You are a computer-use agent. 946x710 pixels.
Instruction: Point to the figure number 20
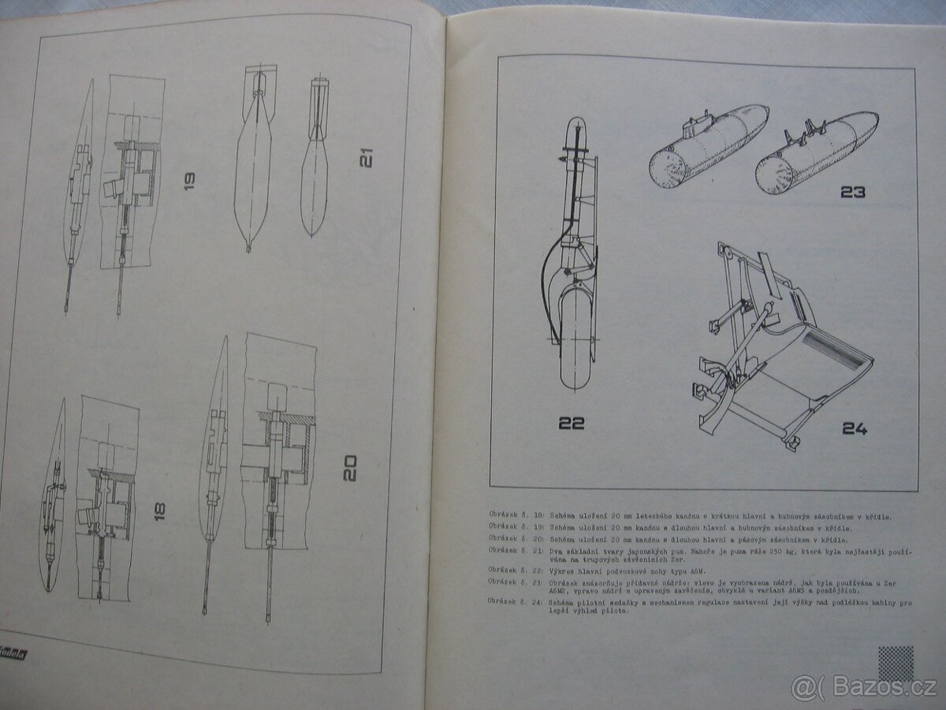[x=350, y=468]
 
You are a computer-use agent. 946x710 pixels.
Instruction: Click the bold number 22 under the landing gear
[x=572, y=423]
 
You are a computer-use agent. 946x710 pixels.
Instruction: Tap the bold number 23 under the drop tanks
[x=852, y=192]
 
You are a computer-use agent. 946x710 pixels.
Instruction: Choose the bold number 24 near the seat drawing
[x=855, y=429]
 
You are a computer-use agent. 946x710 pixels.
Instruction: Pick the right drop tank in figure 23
[x=815, y=152]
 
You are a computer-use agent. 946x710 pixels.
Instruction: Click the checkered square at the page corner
[x=896, y=663]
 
